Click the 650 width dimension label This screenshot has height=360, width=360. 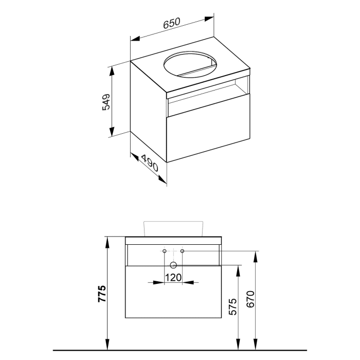click(x=172, y=23)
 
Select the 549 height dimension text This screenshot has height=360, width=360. click(x=105, y=102)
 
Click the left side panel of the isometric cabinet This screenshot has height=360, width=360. click(x=148, y=111)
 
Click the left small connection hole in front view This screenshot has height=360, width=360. click(x=164, y=251)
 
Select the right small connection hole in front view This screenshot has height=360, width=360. click(x=182, y=251)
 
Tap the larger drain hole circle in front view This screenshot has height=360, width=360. click(x=173, y=265)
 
